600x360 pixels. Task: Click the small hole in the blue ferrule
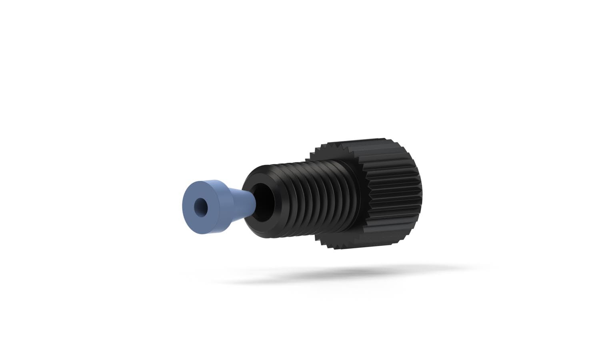pos(199,206)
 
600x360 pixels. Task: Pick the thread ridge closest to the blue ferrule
pos(280,200)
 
